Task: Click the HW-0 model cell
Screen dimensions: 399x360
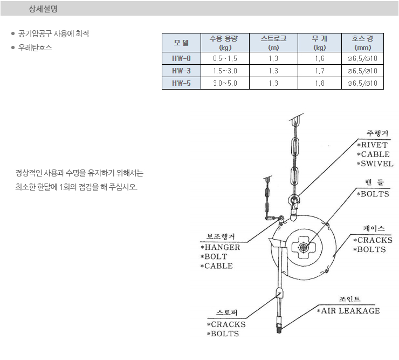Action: tap(181, 58)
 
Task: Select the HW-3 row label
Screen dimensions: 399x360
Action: tap(181, 71)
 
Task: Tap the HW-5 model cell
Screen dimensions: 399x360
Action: tap(181, 83)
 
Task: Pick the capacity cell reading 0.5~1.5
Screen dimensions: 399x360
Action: tap(225, 58)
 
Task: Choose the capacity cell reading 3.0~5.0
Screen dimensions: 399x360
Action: tap(225, 83)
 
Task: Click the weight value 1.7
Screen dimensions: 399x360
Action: tap(320, 71)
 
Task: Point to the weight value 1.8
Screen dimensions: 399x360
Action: tap(320, 83)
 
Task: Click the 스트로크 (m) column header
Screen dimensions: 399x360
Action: tap(273, 43)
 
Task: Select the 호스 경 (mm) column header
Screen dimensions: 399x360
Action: tap(363, 43)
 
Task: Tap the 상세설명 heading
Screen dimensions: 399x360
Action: tap(43, 9)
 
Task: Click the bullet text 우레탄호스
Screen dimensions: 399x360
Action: tap(35, 47)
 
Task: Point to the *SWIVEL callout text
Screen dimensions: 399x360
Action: tap(375, 164)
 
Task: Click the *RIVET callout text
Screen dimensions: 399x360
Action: tap(372, 145)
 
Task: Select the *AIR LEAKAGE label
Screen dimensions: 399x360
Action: tap(348, 311)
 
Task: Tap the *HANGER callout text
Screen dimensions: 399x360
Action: tap(221, 247)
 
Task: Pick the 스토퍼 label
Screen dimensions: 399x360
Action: tap(226, 313)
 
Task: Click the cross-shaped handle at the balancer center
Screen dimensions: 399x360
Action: tap(304, 247)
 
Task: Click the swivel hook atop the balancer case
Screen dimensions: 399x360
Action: tap(294, 206)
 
